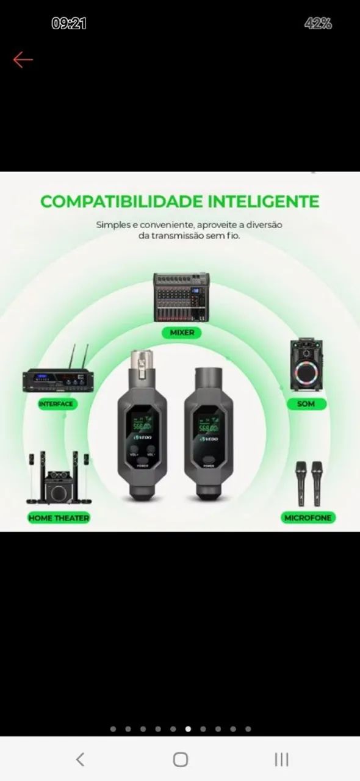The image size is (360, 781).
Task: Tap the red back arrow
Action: [x=23, y=59]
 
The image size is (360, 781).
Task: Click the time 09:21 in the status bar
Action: [x=69, y=24]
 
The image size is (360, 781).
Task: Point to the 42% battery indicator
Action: [x=318, y=24]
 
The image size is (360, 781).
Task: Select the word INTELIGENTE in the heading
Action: [x=263, y=201]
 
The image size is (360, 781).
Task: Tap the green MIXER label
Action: [x=182, y=333]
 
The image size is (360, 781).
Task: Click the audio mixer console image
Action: [x=182, y=297]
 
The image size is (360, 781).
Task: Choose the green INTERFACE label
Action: [x=56, y=404]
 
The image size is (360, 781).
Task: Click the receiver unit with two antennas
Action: [x=59, y=378]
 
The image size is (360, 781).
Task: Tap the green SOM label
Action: [x=306, y=404]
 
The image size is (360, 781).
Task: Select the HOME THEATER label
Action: [x=59, y=518]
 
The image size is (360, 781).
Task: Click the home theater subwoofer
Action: [x=59, y=488]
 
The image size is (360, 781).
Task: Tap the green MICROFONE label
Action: [x=308, y=518]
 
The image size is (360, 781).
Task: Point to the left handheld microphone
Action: [x=301, y=482]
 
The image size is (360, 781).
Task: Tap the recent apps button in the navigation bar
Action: [x=281, y=759]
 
